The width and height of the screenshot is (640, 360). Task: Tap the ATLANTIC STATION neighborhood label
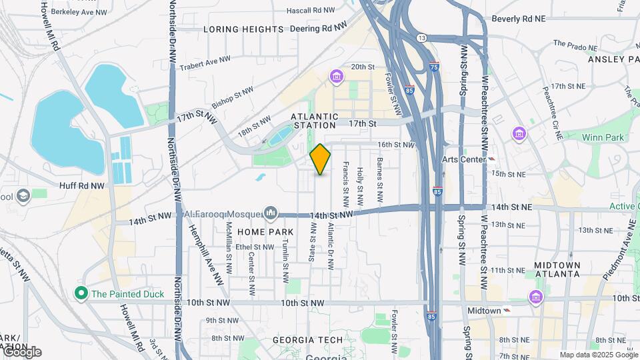313,120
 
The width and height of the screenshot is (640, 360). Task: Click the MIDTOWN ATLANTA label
557,270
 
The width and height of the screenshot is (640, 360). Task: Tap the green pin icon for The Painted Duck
81,293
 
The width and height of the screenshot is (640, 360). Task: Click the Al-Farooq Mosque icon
270,213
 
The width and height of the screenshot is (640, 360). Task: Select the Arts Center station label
465,159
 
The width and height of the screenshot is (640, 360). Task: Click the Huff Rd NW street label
82,186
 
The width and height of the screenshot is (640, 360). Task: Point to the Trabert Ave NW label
205,61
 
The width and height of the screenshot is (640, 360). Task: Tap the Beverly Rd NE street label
518,19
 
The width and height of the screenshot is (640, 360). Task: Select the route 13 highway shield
421,38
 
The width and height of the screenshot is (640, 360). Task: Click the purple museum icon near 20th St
336,77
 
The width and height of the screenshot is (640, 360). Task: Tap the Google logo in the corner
21,352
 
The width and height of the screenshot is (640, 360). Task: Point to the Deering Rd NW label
319,28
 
